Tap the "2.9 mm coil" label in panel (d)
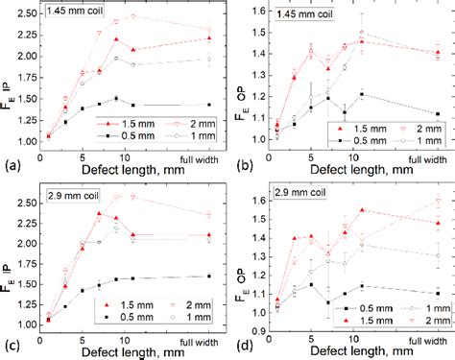pyautogui.click(x=292, y=195)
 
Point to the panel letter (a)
pyautogui.click(x=12, y=165)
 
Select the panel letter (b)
pyautogui.click(x=240, y=165)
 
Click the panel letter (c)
pyautogui.click(x=12, y=346)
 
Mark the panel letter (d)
pyautogui.click(x=240, y=346)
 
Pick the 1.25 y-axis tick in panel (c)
pyautogui.click(x=28, y=290)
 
